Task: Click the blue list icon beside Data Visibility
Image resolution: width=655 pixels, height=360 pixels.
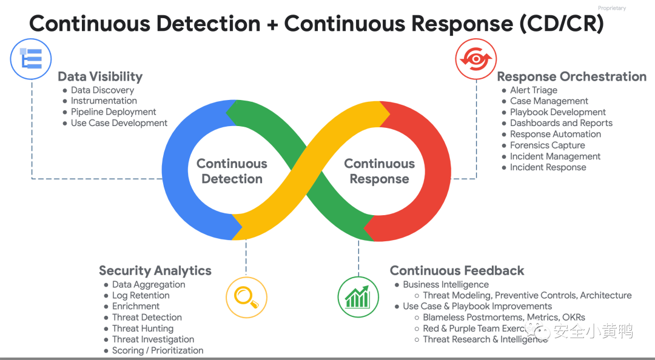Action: (31, 59)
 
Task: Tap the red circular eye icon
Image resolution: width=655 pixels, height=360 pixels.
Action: (476, 59)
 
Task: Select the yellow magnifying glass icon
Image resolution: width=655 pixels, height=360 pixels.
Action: (246, 298)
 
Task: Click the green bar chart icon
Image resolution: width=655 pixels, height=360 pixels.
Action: (358, 298)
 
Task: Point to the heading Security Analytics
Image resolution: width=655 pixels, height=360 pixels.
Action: (155, 271)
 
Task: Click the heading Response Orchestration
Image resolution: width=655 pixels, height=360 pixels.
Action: (571, 76)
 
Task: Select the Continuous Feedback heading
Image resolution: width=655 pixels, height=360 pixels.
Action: (457, 271)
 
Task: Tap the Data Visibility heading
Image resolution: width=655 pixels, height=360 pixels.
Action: (100, 76)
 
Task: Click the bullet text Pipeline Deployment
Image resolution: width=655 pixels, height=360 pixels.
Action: (113, 112)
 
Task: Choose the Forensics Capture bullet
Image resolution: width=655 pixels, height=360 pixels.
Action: (547, 145)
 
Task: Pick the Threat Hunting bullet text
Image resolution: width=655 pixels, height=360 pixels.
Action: (143, 328)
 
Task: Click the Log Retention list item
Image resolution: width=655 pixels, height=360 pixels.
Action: (141, 295)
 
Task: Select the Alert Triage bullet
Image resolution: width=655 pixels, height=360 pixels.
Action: (534, 90)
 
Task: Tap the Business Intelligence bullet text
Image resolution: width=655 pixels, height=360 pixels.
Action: (446, 284)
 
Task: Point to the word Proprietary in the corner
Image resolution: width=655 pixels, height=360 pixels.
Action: (611, 8)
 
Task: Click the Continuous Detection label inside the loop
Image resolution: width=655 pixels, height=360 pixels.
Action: (232, 172)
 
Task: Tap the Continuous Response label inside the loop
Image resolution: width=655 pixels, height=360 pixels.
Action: (379, 172)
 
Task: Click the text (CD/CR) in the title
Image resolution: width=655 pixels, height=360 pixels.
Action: (562, 24)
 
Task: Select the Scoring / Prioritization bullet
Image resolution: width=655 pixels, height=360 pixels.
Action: (158, 350)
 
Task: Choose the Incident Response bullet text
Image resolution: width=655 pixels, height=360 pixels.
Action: (548, 167)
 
